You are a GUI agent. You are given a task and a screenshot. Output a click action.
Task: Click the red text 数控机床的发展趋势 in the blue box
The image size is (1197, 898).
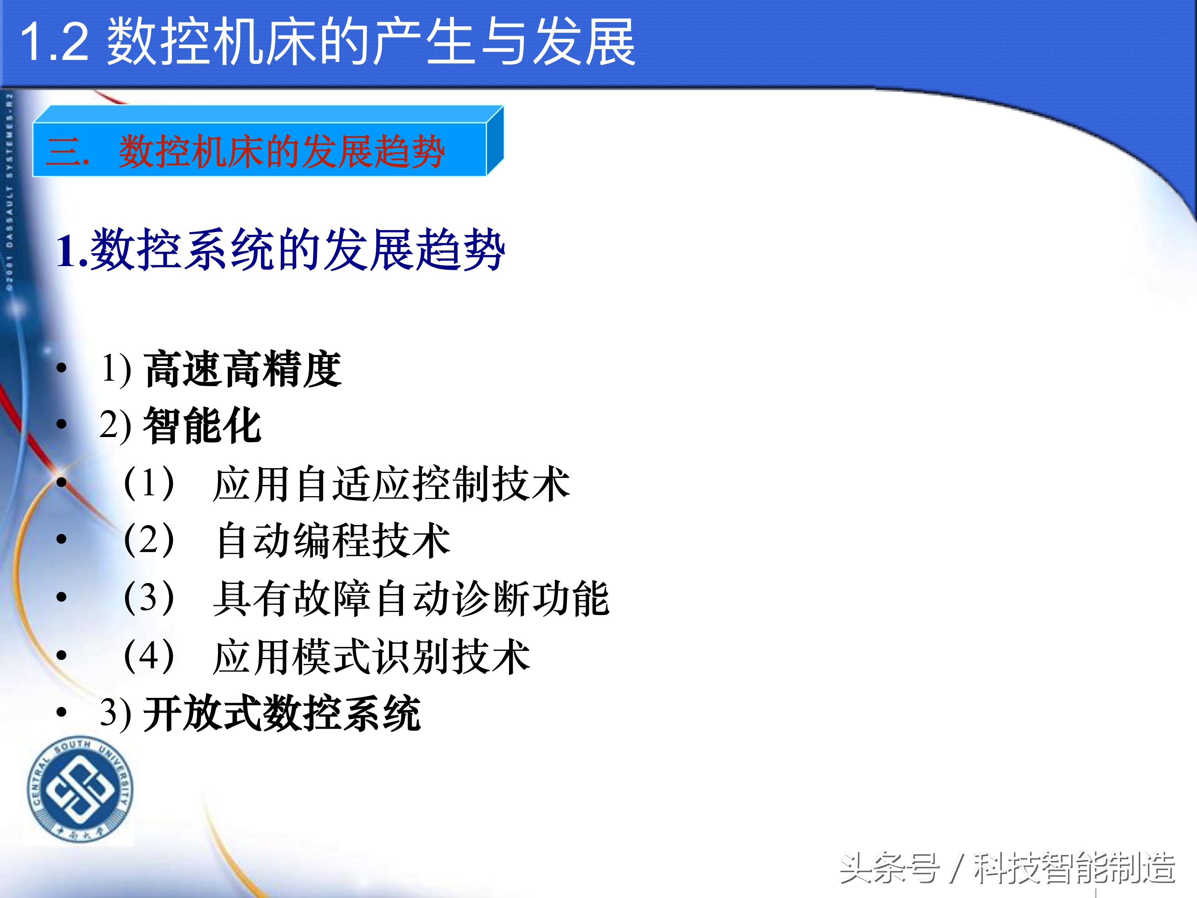point(281,151)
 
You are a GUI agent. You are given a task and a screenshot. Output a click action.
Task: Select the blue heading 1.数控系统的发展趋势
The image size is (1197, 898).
point(280,250)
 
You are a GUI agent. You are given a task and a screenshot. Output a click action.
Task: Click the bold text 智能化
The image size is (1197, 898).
point(202,426)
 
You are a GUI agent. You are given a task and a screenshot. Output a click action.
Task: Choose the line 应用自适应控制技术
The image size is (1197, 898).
point(391,483)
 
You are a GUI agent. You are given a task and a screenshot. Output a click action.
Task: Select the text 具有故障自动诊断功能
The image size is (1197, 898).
point(411,598)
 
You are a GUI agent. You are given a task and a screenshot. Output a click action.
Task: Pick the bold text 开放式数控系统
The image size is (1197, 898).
point(281,714)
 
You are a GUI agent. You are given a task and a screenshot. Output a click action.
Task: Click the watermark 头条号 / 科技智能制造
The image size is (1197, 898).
point(1007,868)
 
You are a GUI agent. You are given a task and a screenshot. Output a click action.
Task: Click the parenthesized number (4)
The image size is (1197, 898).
point(149,656)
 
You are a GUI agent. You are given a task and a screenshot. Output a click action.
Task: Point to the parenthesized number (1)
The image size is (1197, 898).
point(149,482)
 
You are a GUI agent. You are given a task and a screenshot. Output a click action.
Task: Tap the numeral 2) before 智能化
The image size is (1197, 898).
point(115,425)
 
